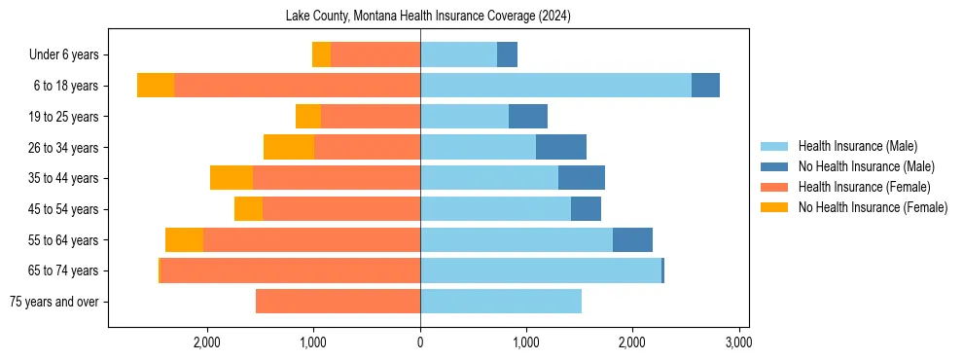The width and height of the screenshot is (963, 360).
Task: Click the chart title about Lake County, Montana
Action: coord(428,17)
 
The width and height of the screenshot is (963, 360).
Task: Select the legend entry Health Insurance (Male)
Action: coord(856,146)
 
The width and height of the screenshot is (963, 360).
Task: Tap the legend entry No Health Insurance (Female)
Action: coord(872,207)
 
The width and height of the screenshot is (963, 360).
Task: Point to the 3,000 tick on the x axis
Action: coord(738,342)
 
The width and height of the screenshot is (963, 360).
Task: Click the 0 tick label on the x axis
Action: coord(420,342)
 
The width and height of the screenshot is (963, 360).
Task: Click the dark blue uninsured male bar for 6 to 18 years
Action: coord(705,86)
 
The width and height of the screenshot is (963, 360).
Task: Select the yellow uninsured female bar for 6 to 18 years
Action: coord(156,86)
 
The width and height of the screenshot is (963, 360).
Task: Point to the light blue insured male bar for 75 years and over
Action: coord(501,302)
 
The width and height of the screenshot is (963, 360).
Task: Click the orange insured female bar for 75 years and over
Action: coord(338,302)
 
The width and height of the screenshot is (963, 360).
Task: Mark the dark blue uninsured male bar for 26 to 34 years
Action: coord(561,147)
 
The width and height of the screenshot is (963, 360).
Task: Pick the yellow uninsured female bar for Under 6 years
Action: coord(321,54)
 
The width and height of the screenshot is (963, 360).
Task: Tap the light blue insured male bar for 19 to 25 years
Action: coord(464,117)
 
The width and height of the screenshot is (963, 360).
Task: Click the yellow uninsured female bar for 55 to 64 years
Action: coord(184,239)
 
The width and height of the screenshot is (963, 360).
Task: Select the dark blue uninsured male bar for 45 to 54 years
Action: coord(586,209)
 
